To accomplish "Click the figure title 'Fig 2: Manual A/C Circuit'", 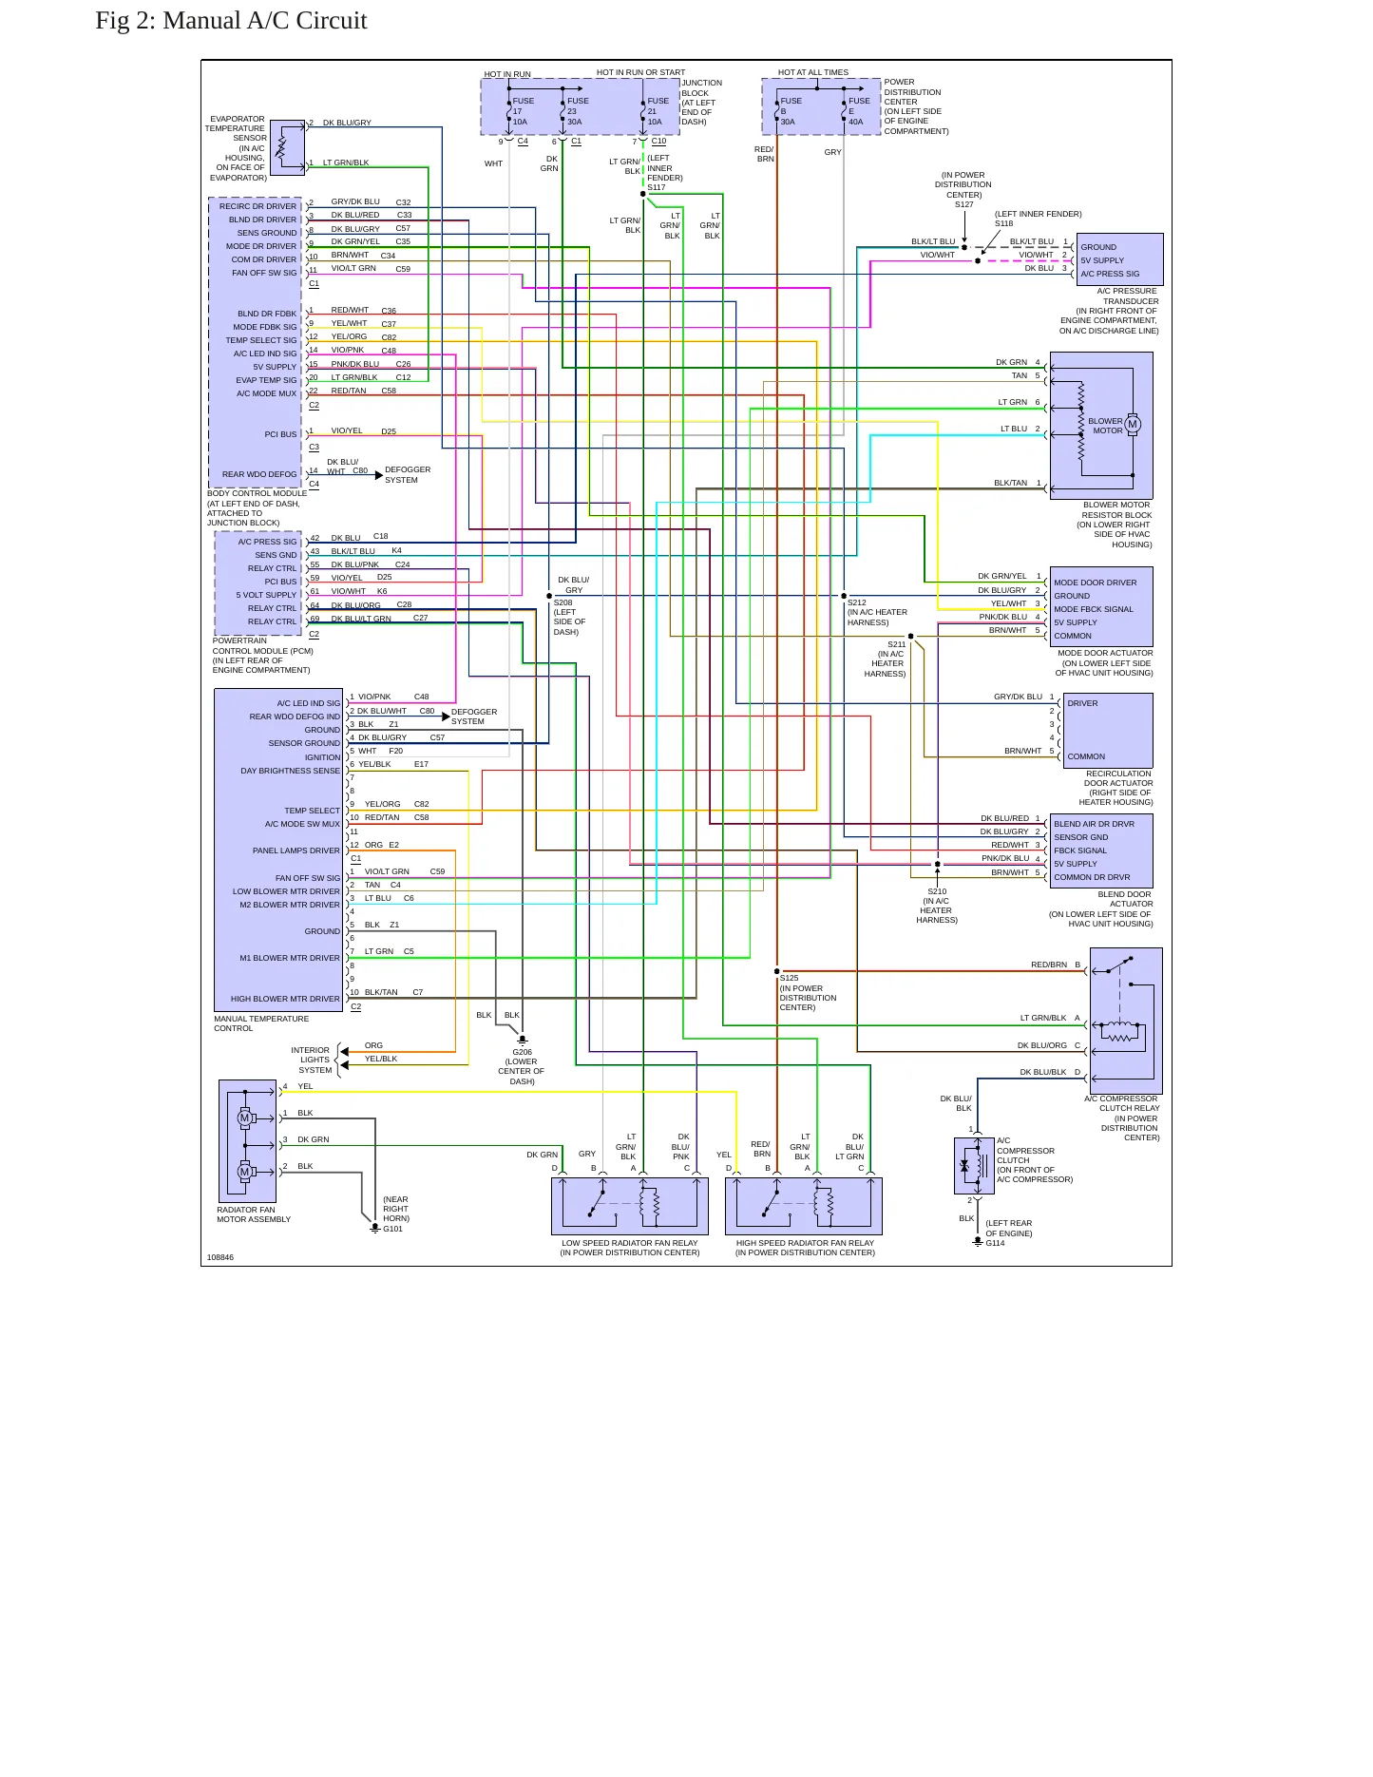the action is click(231, 21).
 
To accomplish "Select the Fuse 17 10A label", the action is click(523, 111).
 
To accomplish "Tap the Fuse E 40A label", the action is click(859, 111).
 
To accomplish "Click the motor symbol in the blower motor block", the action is click(1133, 424).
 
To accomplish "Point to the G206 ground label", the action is click(523, 1052).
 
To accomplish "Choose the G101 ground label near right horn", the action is click(392, 1229).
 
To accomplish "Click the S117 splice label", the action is click(657, 187).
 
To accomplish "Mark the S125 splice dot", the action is click(777, 971).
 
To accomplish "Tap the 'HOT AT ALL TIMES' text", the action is click(813, 72).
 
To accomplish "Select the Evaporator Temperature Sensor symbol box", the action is click(288, 147).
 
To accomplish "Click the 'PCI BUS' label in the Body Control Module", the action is click(281, 434).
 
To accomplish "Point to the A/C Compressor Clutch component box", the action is click(974, 1166).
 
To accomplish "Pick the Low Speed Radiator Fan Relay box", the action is click(630, 1206).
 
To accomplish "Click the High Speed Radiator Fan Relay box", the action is click(804, 1206).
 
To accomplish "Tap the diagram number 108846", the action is click(220, 1257).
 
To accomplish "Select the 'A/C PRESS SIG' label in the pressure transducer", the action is click(1110, 274).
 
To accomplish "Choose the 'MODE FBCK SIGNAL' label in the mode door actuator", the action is click(1094, 609).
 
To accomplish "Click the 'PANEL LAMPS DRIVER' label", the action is click(296, 850).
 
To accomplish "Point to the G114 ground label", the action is click(995, 1243).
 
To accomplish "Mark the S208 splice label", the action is click(563, 602).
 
